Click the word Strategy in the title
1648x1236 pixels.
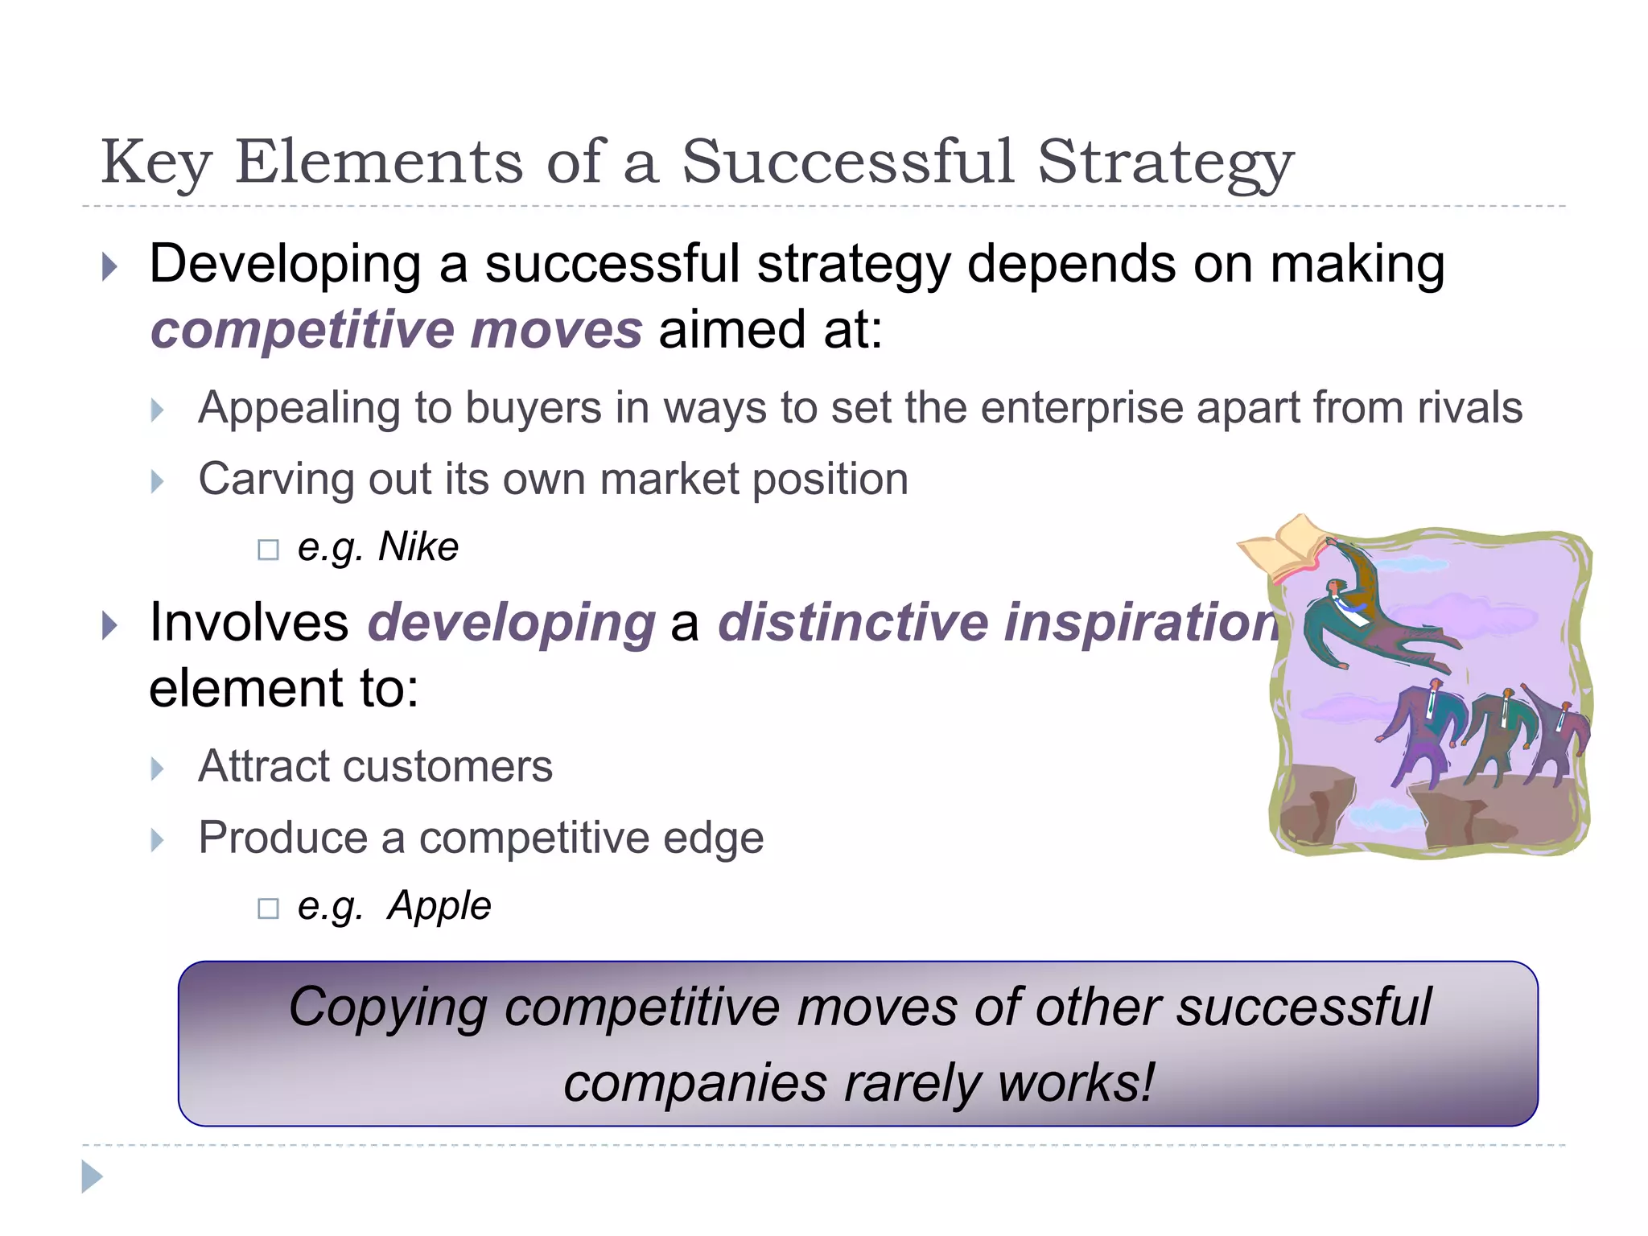click(x=1165, y=163)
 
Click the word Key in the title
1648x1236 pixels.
click(x=156, y=163)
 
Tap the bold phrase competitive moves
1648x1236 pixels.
click(x=396, y=330)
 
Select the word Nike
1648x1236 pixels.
click(x=418, y=547)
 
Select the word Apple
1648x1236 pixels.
click(x=439, y=906)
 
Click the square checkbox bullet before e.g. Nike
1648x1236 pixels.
click(x=268, y=550)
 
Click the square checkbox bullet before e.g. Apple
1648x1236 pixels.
click(x=268, y=909)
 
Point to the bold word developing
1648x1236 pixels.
click(x=512, y=623)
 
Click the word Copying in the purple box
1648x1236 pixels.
click(x=388, y=1007)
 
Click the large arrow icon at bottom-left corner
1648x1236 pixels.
click(x=93, y=1176)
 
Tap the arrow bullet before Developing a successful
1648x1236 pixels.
click(x=110, y=266)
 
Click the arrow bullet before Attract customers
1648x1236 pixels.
click(x=158, y=769)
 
